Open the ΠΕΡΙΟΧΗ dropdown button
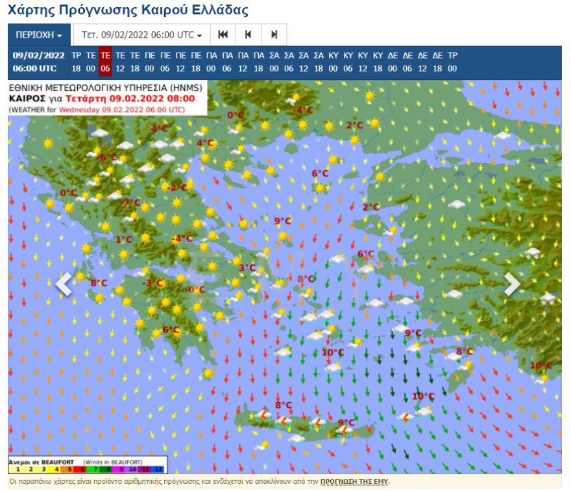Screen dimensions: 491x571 [38, 34]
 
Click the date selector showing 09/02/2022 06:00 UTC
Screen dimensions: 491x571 [141, 34]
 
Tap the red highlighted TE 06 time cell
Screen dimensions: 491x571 [105, 62]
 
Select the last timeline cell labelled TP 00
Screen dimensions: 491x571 [452, 62]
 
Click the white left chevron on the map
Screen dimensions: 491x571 [64, 284]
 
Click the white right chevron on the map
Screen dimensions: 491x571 [511, 284]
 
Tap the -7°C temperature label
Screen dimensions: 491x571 [131, 203]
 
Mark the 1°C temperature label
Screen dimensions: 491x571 [124, 240]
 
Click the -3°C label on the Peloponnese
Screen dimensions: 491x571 [152, 283]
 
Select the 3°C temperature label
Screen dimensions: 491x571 [247, 268]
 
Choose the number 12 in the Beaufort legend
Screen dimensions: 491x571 [160, 468]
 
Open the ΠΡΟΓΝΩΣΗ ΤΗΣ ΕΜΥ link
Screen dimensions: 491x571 [354, 482]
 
